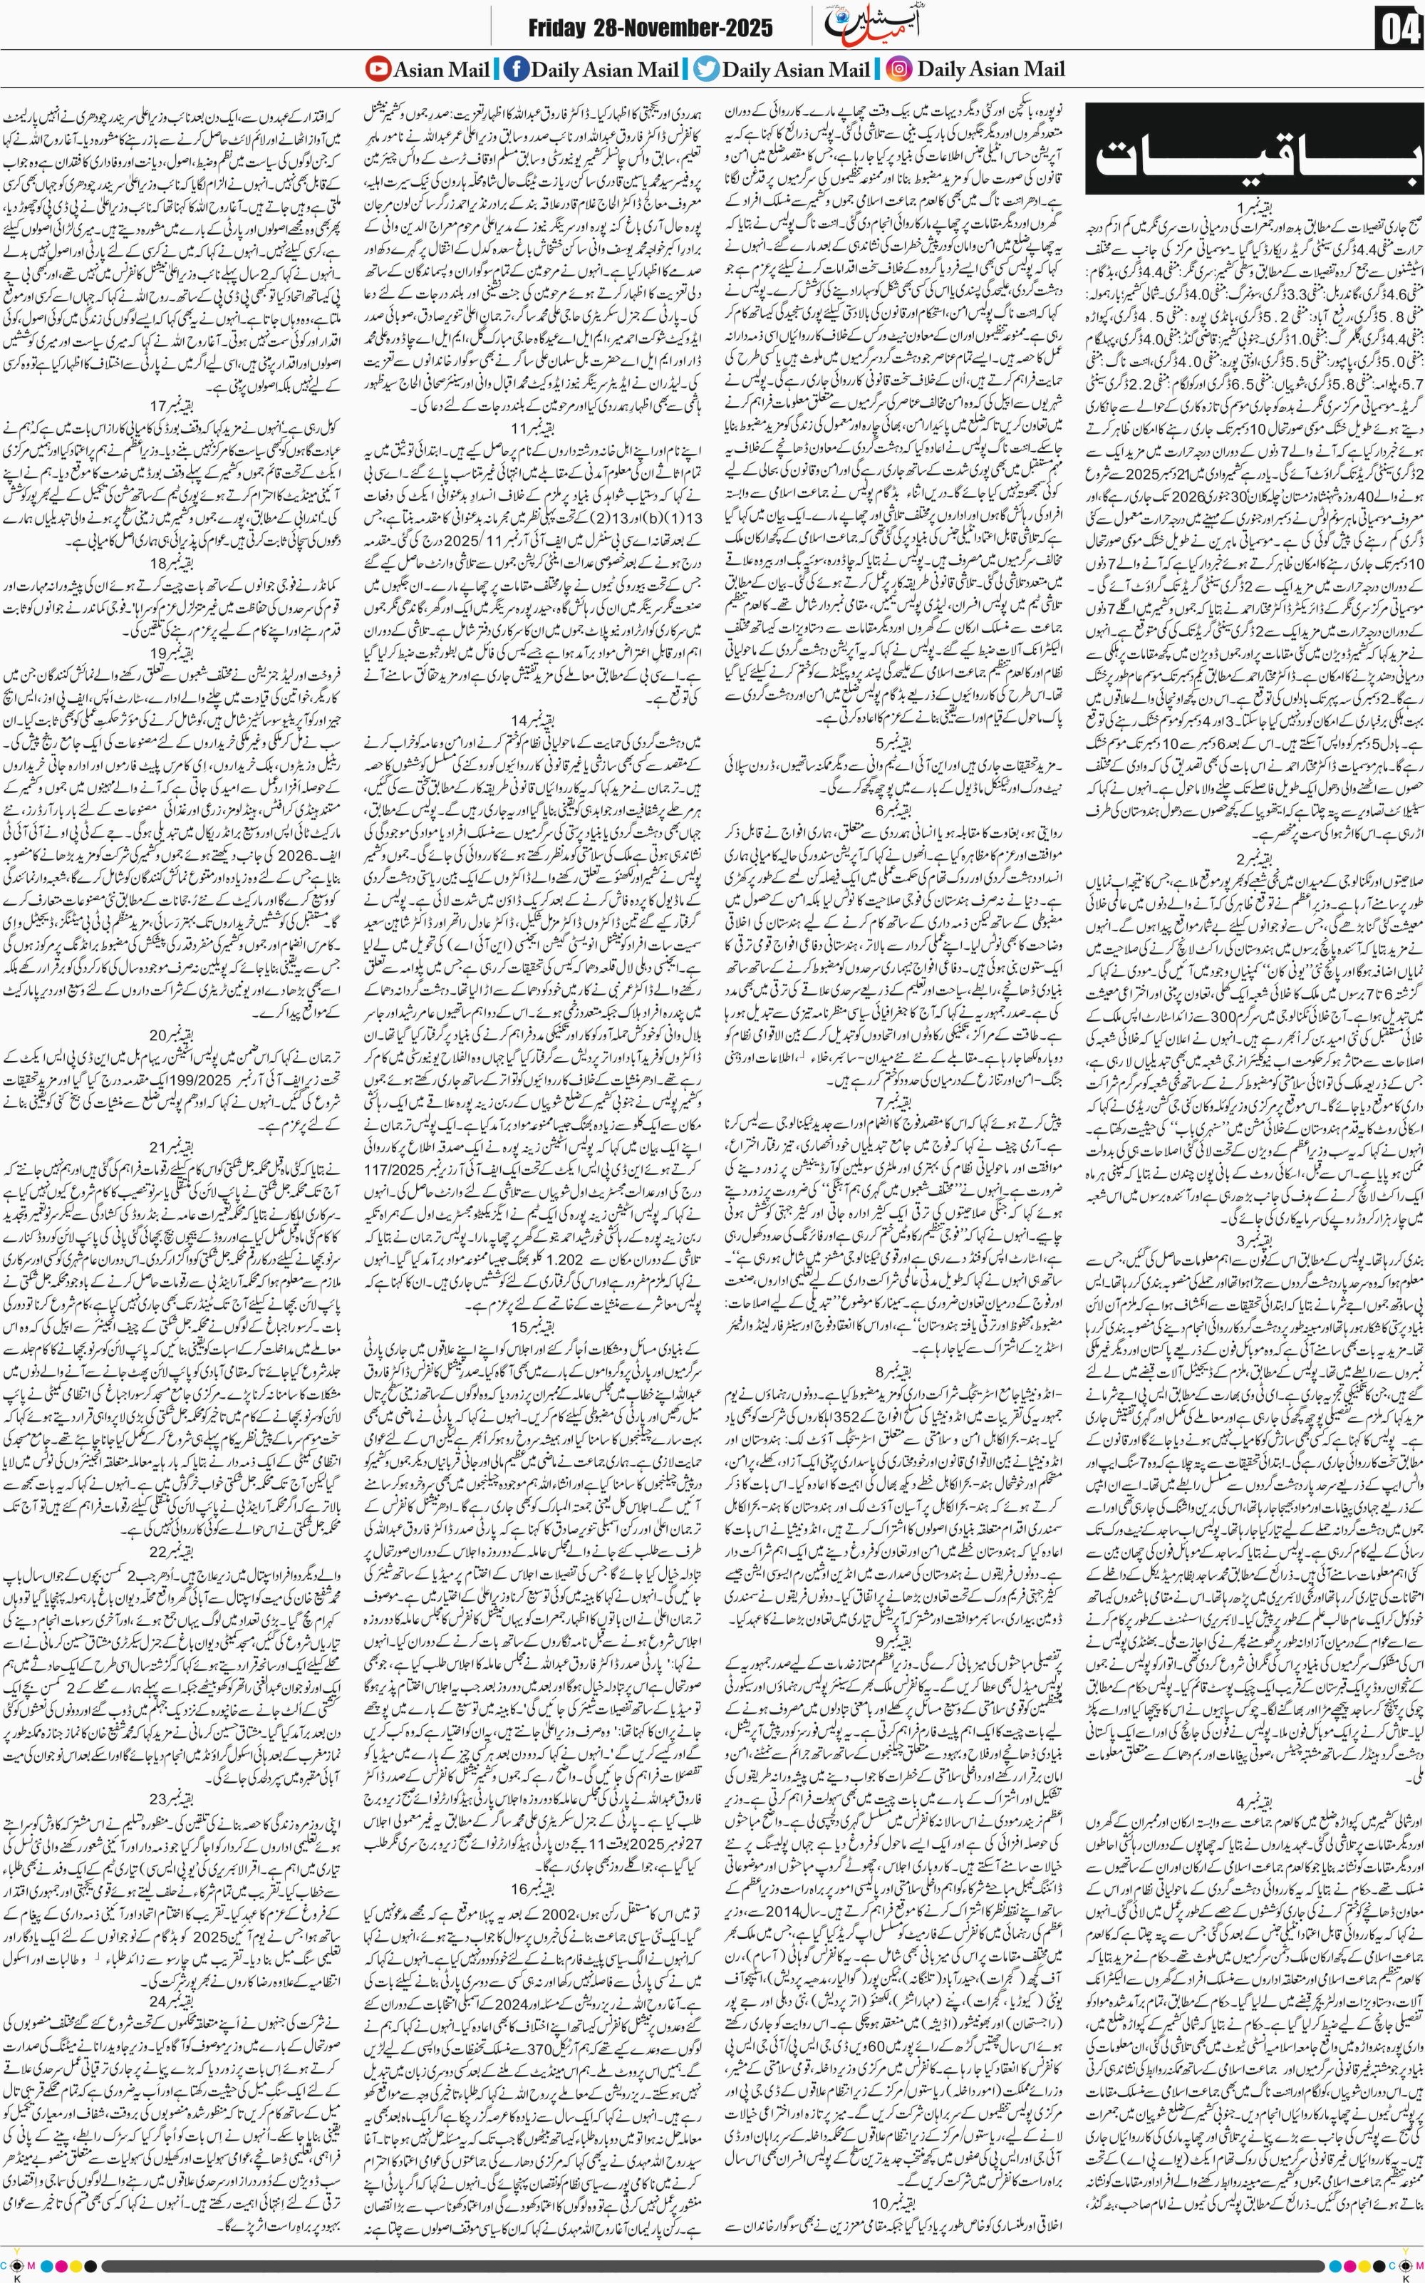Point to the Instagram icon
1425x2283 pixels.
point(899,69)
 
